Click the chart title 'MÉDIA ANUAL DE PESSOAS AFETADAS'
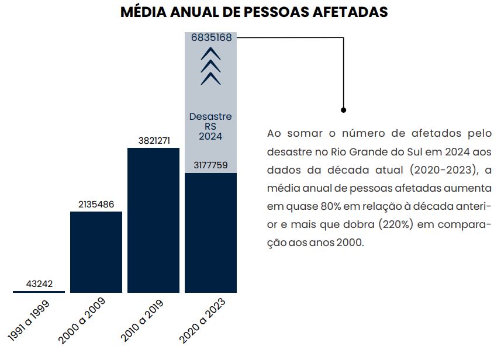pos(254,12)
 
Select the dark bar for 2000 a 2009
pos(96,251)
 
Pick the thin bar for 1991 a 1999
pos(39,291)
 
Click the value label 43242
pos(39,284)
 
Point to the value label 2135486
pos(96,204)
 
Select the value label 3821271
pos(153,141)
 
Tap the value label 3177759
pos(210,165)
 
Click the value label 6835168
pos(211,37)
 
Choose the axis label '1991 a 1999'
pos(29,320)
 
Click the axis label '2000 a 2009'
pos(82,320)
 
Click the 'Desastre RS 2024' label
pos(210,126)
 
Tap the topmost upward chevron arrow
pos(210,53)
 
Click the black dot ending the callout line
pos(344,110)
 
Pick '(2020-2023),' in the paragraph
pos(442,170)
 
